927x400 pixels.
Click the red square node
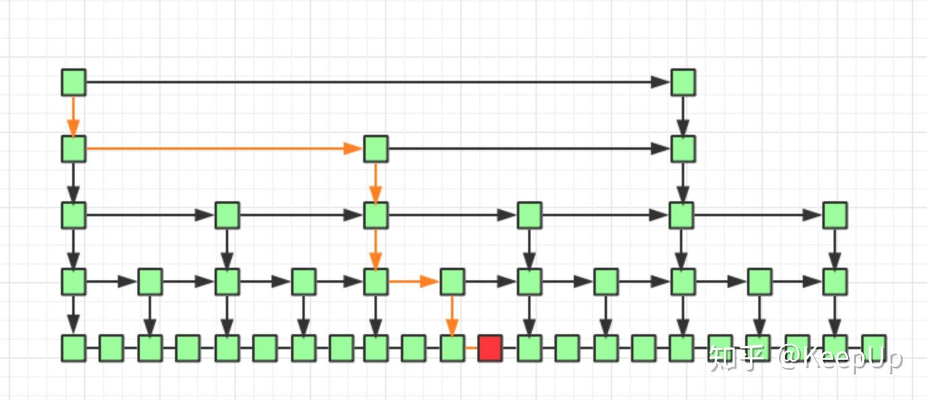(x=490, y=348)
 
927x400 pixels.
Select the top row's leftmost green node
(x=73, y=82)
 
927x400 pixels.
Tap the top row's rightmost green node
(x=683, y=82)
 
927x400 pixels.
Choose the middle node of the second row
(x=375, y=149)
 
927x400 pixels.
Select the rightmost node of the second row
(x=683, y=149)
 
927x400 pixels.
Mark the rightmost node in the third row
(x=835, y=215)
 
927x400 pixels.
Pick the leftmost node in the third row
(x=73, y=215)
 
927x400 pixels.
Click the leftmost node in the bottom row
(x=73, y=348)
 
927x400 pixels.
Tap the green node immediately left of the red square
(x=452, y=348)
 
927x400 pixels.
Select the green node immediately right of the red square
(x=529, y=348)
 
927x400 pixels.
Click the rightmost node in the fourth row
(x=835, y=282)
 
